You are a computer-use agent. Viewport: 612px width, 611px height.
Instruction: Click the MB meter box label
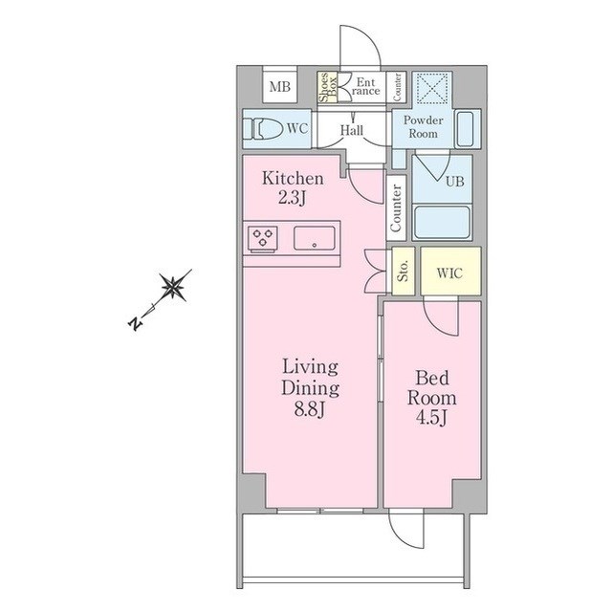pos(280,86)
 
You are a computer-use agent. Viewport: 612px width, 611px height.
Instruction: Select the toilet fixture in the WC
pos(263,128)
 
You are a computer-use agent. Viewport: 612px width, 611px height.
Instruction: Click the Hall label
pos(352,130)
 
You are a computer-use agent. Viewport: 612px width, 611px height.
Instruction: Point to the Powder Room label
pos(423,127)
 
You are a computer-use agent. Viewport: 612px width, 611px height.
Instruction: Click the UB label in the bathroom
pos(455,182)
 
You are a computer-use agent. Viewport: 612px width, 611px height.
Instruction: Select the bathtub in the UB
pos(442,222)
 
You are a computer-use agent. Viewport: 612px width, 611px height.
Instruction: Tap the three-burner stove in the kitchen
pos(263,238)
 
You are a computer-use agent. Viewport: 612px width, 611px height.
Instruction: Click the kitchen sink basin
pos(315,238)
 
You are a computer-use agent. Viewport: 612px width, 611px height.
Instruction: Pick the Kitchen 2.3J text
pos(293,188)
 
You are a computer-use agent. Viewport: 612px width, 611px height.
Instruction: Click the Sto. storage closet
pos(404,271)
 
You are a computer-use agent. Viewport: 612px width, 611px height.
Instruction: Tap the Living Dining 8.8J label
pos(310,388)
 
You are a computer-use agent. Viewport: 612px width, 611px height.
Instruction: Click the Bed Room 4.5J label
pos(431,398)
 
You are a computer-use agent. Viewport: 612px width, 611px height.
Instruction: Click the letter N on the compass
pos(135,323)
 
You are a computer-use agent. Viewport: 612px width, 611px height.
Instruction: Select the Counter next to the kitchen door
pos(396,207)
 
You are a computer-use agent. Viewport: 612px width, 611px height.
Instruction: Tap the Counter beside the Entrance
pos(397,87)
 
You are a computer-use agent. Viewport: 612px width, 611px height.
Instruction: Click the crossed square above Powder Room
pos(432,88)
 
